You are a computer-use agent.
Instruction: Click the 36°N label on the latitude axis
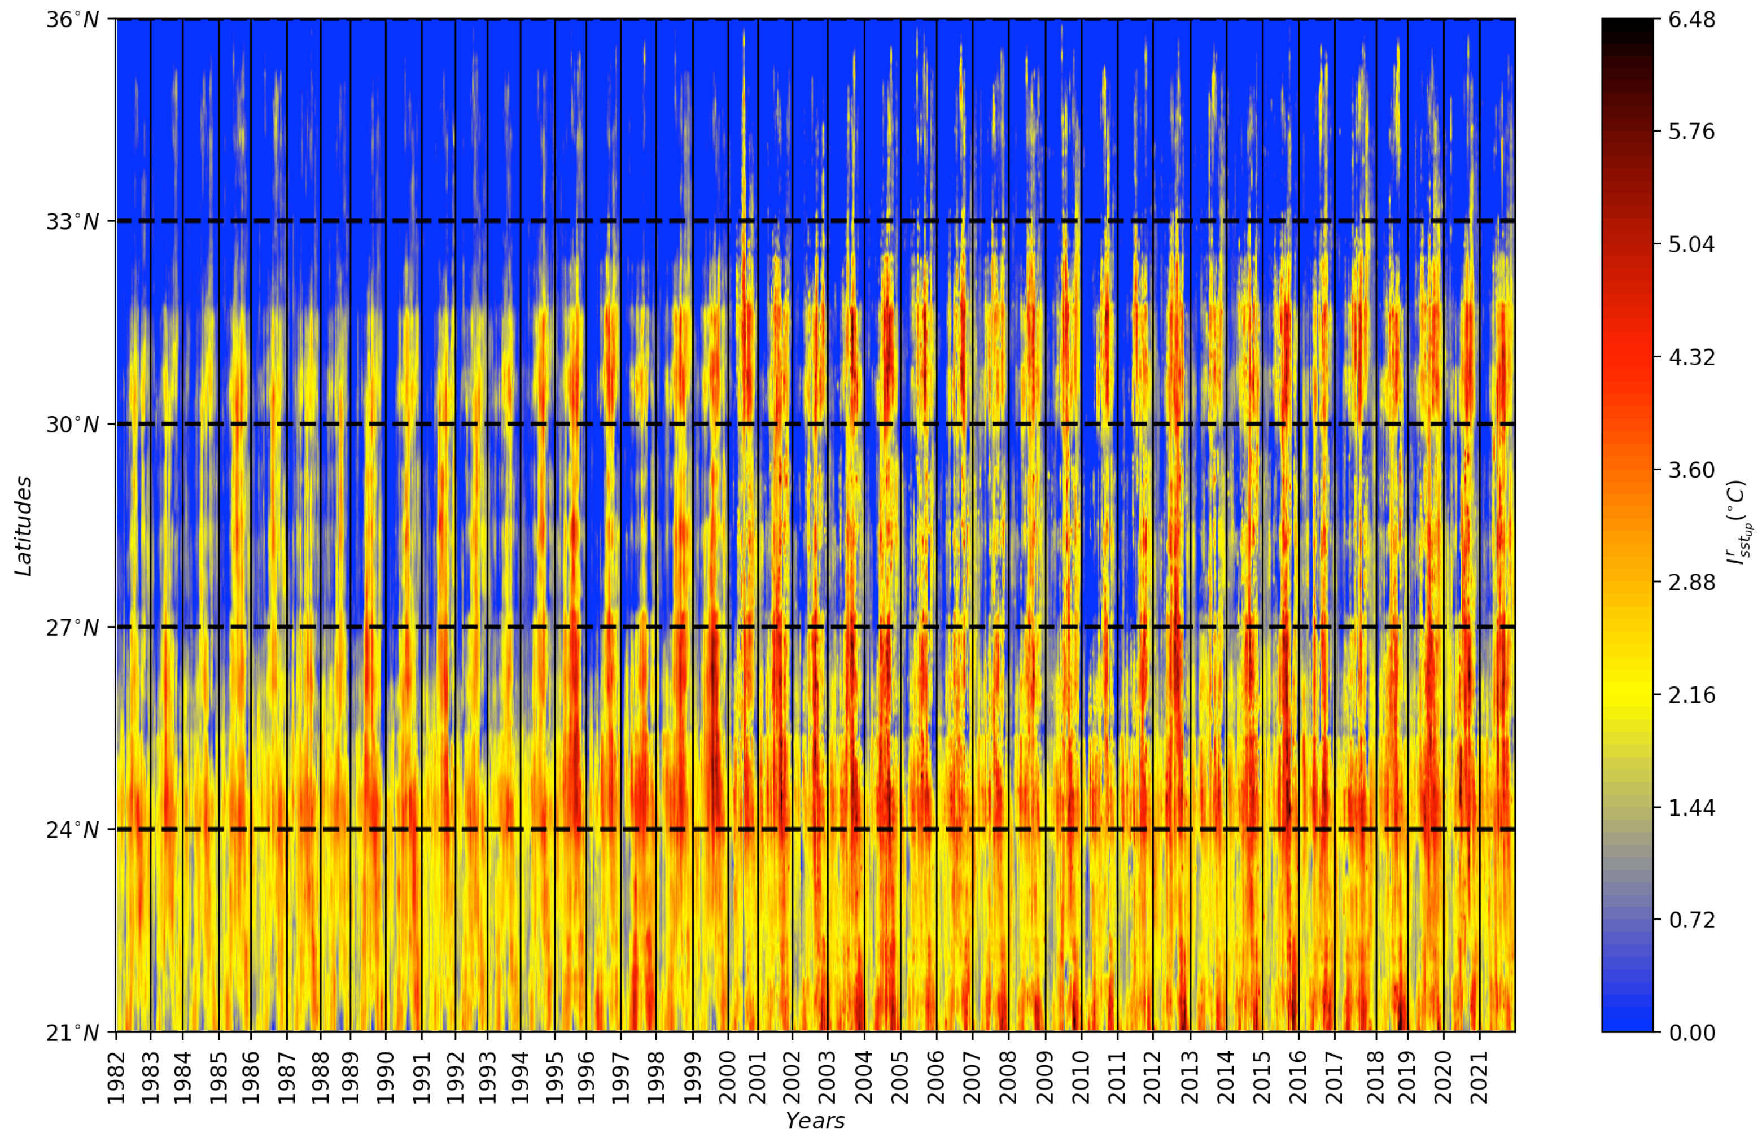click(73, 20)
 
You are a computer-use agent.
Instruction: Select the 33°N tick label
click(73, 222)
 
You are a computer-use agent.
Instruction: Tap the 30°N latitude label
click(73, 425)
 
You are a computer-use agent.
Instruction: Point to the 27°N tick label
click(73, 628)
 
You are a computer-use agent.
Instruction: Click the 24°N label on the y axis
click(73, 830)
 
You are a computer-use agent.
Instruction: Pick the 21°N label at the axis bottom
click(73, 1032)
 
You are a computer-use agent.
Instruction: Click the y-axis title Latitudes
click(24, 526)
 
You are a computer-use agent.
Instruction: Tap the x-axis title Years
click(815, 1121)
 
